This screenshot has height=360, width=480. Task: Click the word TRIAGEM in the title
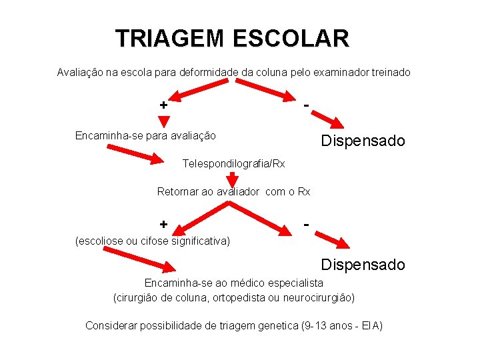(171, 38)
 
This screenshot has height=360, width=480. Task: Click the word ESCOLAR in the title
(291, 38)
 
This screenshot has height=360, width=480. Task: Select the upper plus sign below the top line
(163, 105)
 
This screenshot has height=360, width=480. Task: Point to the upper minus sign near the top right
(305, 104)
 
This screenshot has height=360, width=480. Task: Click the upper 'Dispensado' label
(363, 141)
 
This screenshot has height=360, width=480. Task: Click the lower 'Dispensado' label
(363, 265)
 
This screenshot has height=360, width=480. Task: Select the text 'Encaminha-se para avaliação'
(145, 135)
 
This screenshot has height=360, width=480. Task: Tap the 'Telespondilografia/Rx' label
(234, 163)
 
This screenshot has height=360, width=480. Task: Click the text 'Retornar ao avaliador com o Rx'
(233, 192)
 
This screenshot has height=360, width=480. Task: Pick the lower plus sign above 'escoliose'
(163, 224)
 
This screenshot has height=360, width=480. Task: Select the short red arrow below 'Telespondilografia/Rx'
(232, 179)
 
